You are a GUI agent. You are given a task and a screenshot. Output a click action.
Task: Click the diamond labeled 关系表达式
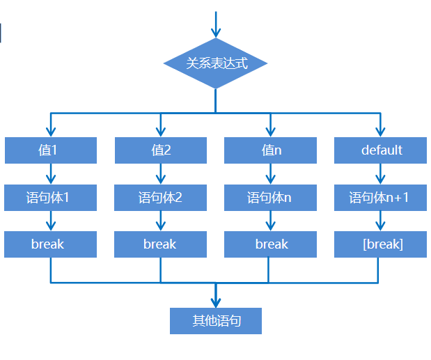[216, 63]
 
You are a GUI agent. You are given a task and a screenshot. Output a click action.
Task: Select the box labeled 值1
[50, 150]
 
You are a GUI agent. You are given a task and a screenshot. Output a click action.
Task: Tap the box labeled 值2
[160, 150]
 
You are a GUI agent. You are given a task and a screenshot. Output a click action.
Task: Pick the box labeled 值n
[270, 150]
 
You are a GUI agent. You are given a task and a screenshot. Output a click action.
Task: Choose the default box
[380, 150]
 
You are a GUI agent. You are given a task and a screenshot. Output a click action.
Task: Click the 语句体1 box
[50, 198]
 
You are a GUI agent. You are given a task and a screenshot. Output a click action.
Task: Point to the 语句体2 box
[160, 198]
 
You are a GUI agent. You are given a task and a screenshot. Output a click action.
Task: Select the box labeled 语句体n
[270, 198]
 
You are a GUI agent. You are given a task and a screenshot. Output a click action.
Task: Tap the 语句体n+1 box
[380, 198]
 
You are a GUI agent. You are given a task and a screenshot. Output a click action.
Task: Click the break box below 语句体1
[50, 244]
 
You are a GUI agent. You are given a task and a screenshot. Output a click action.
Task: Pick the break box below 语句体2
[160, 244]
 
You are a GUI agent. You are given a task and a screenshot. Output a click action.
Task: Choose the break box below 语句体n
[270, 244]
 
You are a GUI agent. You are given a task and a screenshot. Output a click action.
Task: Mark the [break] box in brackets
[380, 244]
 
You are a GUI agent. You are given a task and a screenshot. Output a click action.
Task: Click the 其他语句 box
[216, 321]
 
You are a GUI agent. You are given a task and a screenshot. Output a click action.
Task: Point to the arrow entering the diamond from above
[216, 25]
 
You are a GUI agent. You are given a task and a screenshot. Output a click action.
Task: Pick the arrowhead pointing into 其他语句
[216, 301]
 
